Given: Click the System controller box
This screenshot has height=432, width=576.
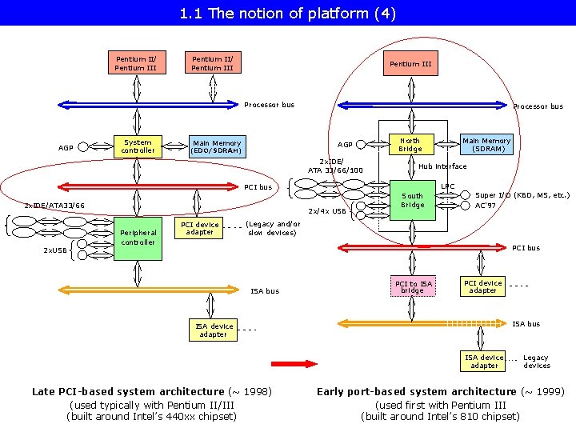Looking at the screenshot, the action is [138, 146].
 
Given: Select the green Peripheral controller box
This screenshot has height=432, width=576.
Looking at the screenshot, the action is [138, 238].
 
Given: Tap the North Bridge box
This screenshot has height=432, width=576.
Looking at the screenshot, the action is [411, 144].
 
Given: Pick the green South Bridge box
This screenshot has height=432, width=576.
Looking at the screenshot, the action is [413, 200].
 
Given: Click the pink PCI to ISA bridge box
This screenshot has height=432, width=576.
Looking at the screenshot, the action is [413, 286].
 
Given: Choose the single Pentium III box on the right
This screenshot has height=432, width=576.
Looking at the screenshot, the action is [410, 63].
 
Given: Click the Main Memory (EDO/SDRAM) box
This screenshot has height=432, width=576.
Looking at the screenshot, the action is [218, 147].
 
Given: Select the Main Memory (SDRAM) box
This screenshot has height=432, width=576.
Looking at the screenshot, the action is [486, 144].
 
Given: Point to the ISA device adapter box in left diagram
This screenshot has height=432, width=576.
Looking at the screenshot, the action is [213, 330].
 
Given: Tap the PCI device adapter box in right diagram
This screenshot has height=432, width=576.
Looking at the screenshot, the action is [482, 286].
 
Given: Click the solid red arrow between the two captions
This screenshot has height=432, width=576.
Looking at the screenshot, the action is [294, 364].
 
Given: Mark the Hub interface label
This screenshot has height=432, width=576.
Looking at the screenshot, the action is [442, 166].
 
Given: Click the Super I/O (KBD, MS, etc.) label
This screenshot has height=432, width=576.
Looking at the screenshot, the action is [522, 195].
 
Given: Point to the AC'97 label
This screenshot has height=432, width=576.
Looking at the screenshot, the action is [486, 206].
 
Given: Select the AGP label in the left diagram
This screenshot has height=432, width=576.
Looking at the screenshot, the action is [66, 148].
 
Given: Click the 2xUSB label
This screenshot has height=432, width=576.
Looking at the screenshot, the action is [55, 250].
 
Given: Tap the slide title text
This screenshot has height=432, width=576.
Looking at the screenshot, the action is [288, 14].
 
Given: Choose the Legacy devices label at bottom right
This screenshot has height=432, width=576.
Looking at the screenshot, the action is [537, 362].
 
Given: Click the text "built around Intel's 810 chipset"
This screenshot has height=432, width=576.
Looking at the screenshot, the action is [441, 417].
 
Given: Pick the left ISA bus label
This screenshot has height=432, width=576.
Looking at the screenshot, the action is [265, 291].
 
